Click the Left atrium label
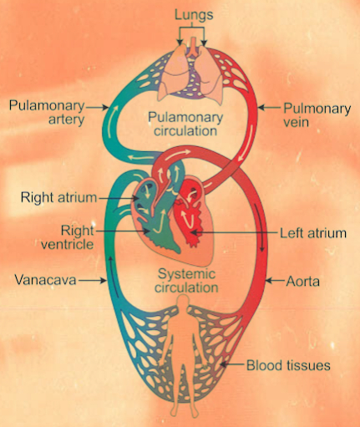[x=314, y=233]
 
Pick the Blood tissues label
[x=290, y=365]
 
